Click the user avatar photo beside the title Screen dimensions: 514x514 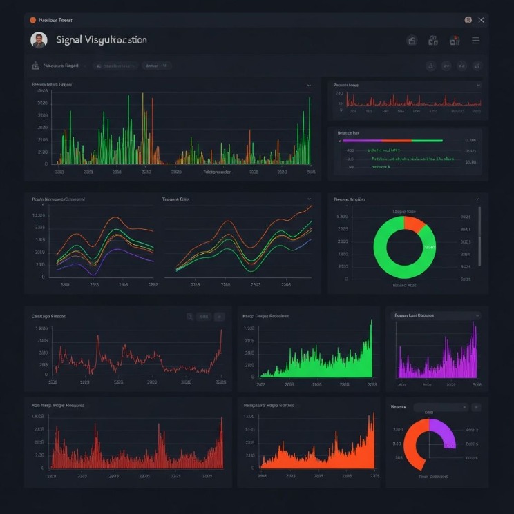pyautogui.click(x=39, y=40)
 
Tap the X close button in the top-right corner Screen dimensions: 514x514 pyautogui.click(x=482, y=20)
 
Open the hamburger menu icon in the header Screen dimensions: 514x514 pyautogui.click(x=475, y=41)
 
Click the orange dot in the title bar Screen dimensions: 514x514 pyautogui.click(x=32, y=20)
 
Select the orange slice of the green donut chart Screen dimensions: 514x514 pyautogui.click(x=415, y=224)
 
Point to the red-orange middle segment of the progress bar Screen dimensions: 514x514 pyautogui.click(x=395, y=140)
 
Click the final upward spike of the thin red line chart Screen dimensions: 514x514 pyautogui.click(x=221, y=333)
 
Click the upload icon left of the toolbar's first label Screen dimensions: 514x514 pyautogui.click(x=35, y=66)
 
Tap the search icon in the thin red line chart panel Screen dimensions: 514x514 pyautogui.click(x=189, y=317)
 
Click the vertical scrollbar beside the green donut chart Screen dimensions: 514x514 pyautogui.click(x=479, y=235)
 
